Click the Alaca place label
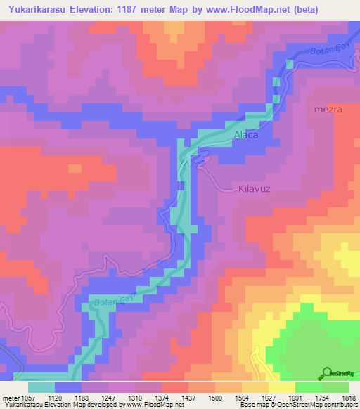click(245, 134)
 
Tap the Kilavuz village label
click(255, 190)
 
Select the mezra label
click(328, 110)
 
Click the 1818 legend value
click(347, 398)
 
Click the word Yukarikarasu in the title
click(34, 10)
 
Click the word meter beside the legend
click(10, 398)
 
